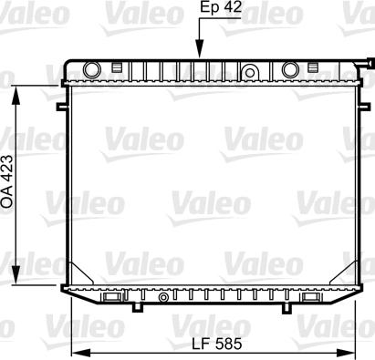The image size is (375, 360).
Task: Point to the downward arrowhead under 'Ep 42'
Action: [199, 54]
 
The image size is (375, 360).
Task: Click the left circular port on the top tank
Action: [90, 70]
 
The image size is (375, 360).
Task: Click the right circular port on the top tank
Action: [290, 70]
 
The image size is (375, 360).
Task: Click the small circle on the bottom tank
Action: [161, 296]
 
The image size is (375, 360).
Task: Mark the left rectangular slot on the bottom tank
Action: [110, 296]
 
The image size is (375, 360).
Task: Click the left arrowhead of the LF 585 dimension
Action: [72, 353]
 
